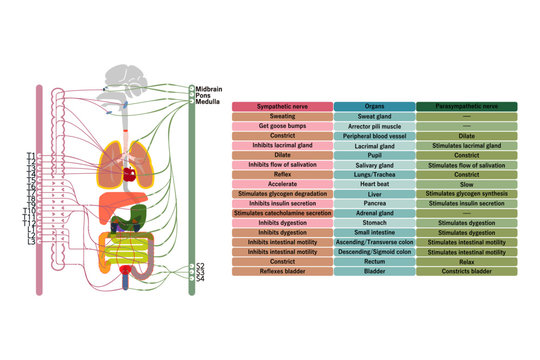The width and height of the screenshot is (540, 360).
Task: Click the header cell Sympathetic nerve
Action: point(281,105)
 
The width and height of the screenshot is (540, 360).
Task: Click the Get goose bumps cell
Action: point(281,126)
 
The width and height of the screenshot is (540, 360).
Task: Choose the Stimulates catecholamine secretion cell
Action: point(281,213)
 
